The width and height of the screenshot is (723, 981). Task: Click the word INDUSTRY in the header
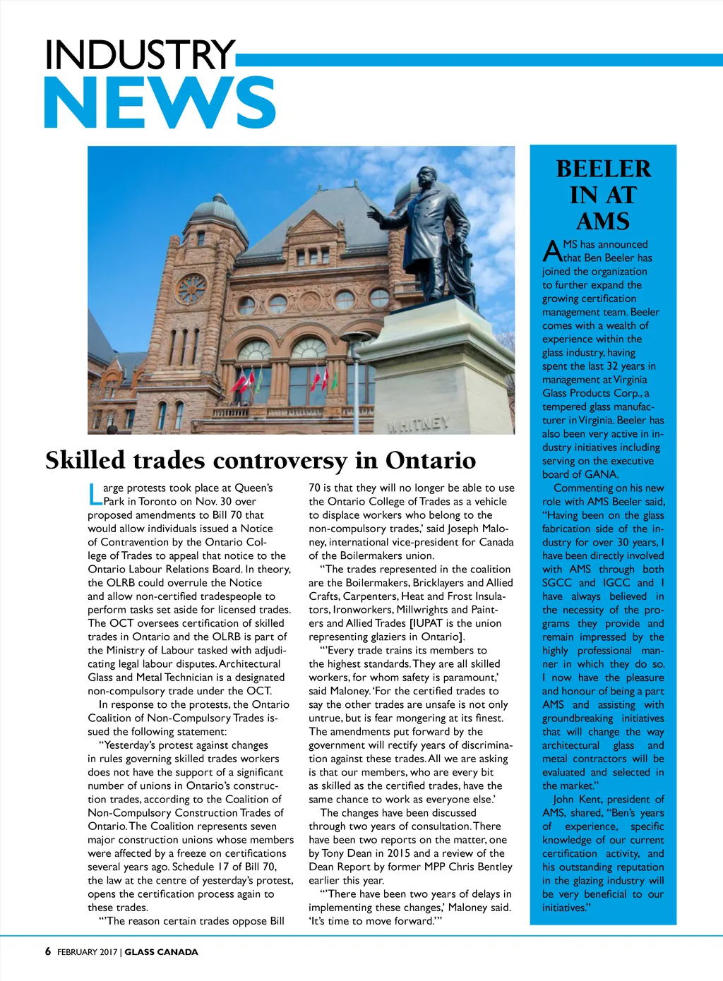click(139, 55)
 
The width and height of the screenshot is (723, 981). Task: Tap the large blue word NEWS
click(160, 103)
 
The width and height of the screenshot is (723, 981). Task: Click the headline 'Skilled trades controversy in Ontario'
click(261, 460)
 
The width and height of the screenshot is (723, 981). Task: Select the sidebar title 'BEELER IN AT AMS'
click(603, 195)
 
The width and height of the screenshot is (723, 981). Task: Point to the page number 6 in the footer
click(48, 951)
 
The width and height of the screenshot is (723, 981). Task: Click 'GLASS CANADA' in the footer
click(162, 952)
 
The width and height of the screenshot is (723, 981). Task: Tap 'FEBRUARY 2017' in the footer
click(88, 952)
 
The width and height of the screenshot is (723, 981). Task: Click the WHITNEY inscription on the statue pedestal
click(418, 424)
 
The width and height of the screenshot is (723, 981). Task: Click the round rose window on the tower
click(191, 288)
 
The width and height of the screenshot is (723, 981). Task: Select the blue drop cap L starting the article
click(95, 494)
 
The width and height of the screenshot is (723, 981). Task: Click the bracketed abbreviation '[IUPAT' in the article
click(428, 623)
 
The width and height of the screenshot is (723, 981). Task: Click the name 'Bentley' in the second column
click(494, 867)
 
